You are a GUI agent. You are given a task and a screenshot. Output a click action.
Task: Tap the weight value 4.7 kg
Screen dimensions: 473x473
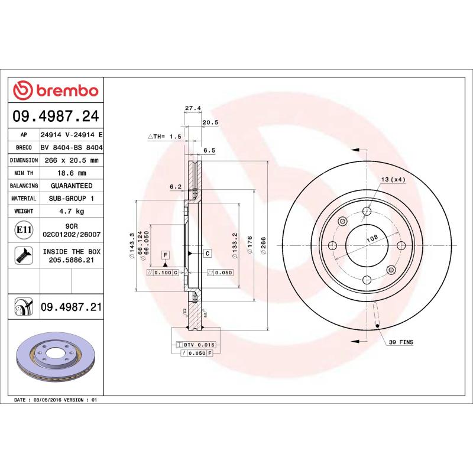coord(72,211)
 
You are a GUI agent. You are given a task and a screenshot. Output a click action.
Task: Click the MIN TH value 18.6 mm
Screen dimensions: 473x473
coord(72,173)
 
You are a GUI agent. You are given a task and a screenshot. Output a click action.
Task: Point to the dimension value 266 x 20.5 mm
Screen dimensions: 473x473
coord(72,160)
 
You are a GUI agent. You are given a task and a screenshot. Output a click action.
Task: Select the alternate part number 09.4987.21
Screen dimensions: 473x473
coord(72,307)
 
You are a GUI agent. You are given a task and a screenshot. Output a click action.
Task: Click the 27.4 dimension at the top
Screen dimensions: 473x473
coord(193,108)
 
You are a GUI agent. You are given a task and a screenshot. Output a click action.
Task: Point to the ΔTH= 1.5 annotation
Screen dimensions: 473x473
coord(164,136)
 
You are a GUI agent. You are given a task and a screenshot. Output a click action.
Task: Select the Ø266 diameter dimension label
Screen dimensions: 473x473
coord(264,245)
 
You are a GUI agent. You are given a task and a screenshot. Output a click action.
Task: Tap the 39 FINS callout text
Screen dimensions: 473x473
coord(401,342)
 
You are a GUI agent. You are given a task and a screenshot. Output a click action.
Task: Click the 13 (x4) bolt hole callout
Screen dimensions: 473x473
coord(392,179)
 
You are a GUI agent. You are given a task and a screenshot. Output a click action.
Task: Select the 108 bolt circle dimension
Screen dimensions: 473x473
coord(372,239)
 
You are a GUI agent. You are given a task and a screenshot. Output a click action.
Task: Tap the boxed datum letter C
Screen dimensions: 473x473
coord(208,254)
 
